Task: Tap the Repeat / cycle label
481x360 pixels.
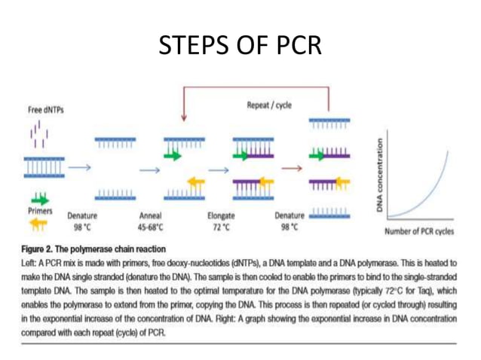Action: click(268, 105)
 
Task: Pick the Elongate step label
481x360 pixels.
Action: click(221, 215)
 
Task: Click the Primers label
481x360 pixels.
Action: click(39, 211)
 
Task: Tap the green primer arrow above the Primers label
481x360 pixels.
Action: click(40, 198)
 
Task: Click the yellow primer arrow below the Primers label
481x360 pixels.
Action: click(40, 224)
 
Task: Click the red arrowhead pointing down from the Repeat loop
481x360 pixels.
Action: click(183, 117)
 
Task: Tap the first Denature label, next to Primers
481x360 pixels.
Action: click(84, 215)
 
